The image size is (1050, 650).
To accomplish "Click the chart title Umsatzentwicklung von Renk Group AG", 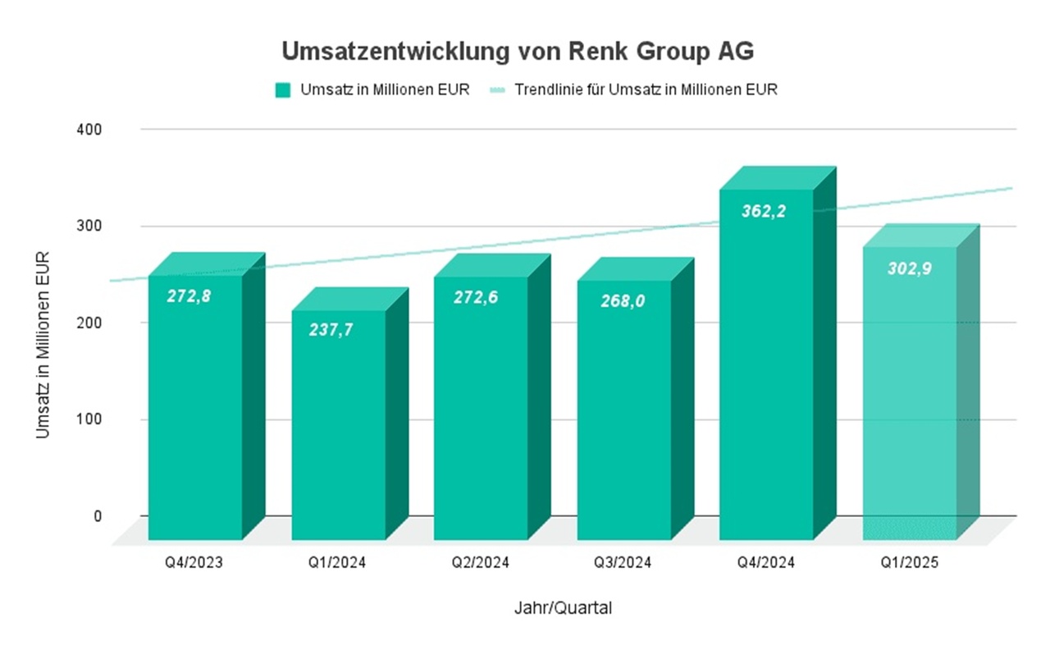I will (518, 52).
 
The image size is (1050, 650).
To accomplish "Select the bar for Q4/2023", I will (195, 410).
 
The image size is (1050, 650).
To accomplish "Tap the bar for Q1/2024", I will (338, 427).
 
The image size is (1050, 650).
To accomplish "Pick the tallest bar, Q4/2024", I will (766, 369).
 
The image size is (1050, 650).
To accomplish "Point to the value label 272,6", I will (476, 297).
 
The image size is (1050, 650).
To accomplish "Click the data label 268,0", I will (623, 301).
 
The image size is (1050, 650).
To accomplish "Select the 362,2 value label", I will (763, 211).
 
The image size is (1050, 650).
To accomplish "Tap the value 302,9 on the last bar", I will (909, 268).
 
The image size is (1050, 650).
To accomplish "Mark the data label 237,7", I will (332, 329).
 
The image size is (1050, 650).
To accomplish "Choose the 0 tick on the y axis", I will (98, 516).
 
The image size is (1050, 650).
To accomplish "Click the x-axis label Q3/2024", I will (623, 563).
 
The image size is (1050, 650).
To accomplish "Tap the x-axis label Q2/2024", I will (481, 563).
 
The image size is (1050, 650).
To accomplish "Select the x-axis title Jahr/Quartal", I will (563, 609).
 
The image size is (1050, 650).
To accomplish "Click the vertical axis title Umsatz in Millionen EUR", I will (43, 345).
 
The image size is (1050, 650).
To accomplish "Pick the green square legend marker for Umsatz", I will (283, 90).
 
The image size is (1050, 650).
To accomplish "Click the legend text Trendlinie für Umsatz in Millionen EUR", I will (646, 90).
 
